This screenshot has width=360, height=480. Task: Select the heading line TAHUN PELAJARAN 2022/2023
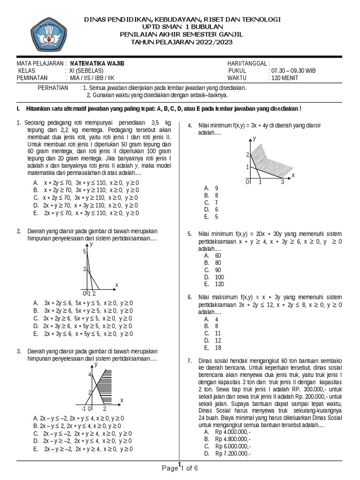[181, 42]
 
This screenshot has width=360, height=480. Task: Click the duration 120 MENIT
[283, 78]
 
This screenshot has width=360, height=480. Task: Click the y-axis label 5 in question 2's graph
[85, 252]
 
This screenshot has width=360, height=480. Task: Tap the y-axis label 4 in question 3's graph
[89, 375]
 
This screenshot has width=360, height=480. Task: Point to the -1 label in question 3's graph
[83, 409]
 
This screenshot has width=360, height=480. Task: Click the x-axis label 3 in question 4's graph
[283, 182]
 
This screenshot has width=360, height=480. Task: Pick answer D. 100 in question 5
[213, 277]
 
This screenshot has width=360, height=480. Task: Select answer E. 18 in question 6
[212, 348]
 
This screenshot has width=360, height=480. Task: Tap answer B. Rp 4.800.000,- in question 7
[227, 439]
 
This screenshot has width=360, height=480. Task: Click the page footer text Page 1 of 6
[180, 468]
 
